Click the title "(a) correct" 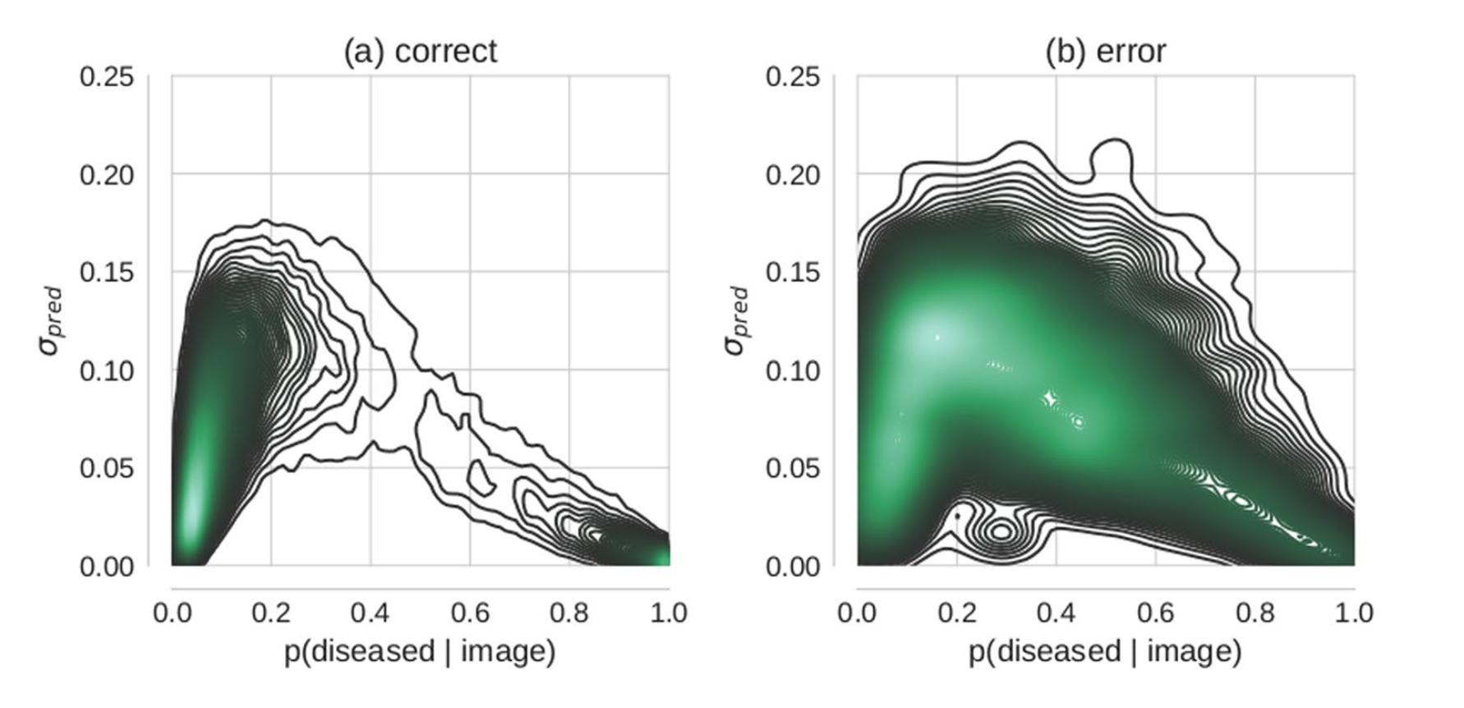click(420, 51)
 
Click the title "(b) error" click(1105, 51)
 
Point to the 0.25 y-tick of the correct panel click(107, 76)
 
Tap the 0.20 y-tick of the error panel click(793, 174)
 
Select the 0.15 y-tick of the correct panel click(107, 272)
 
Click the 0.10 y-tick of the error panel click(793, 370)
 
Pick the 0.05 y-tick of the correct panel click(107, 468)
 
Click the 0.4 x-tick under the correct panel click(371, 613)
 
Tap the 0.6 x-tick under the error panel click(1156, 613)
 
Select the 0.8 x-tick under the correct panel click(569, 613)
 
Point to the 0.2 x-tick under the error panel click(957, 613)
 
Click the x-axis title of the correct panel click(420, 651)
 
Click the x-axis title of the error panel click(1105, 651)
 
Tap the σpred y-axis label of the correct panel click(51, 320)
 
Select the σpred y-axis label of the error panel click(737, 320)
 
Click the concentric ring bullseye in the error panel click(1001, 531)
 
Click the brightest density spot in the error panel click(937, 336)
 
